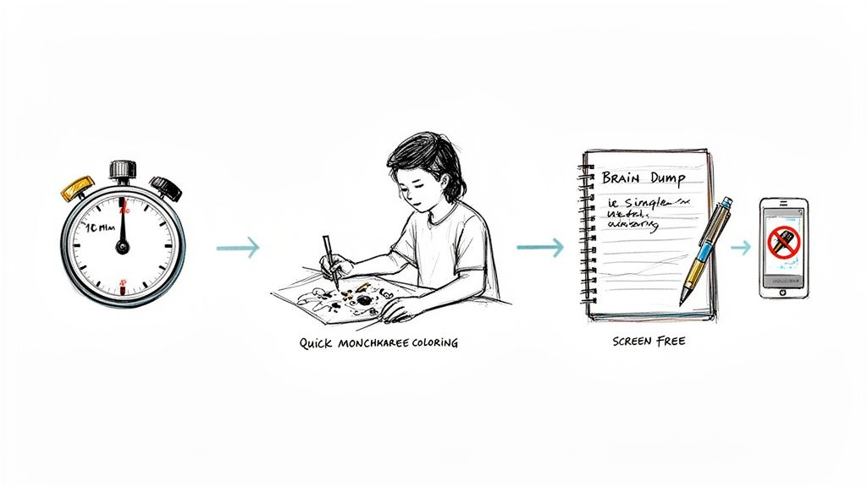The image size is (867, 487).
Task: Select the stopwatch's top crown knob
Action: point(122,170)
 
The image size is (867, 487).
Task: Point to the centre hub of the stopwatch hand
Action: point(122,247)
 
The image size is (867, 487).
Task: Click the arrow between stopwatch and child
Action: point(238,248)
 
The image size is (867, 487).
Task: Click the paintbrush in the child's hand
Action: point(329,257)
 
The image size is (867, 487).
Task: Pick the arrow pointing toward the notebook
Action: point(539,247)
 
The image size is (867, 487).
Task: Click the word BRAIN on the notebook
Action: point(622,178)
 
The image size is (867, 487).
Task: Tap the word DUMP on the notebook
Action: point(669,178)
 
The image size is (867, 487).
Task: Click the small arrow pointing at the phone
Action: point(741,247)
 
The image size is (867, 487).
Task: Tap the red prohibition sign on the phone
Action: point(783,243)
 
